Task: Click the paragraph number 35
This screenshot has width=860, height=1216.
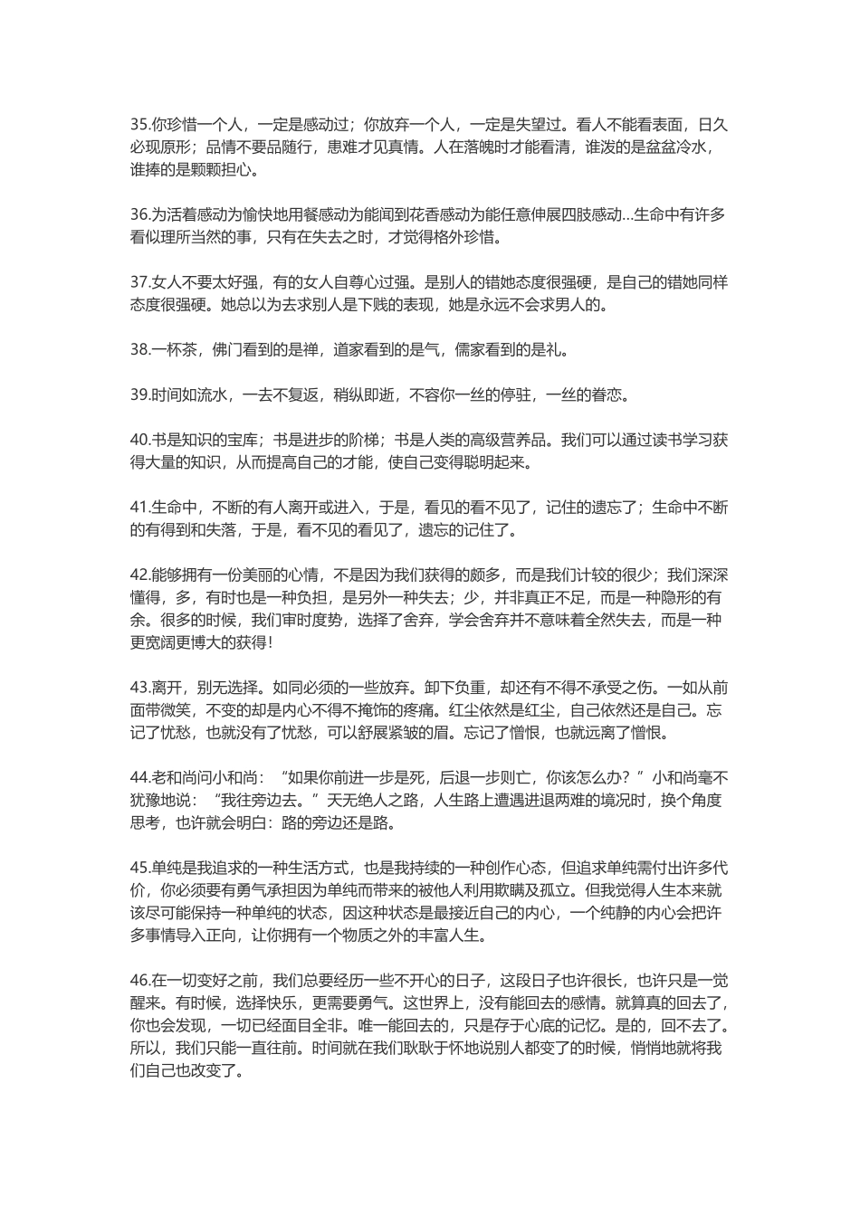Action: [x=139, y=125]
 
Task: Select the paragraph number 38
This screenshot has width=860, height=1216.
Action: [x=139, y=349]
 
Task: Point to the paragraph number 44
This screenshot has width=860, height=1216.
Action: [x=139, y=777]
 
